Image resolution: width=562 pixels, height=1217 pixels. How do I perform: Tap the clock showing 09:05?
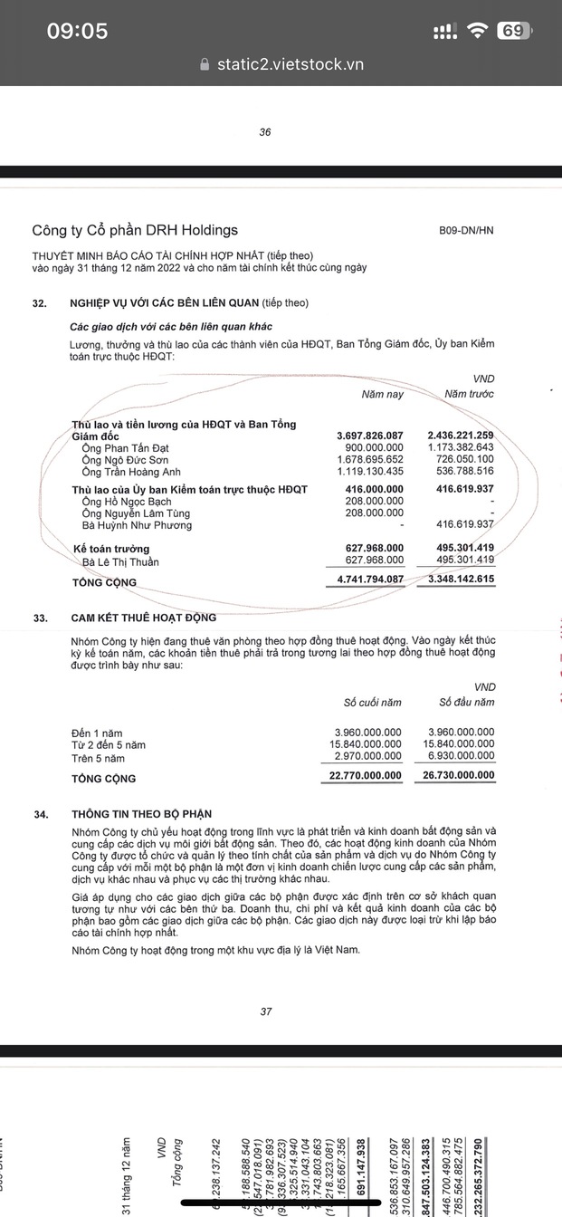(77, 31)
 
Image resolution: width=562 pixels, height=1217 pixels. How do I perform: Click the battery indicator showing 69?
(512, 31)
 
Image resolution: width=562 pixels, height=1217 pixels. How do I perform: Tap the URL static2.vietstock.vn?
(290, 64)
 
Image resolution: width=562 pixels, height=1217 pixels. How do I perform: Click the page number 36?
(265, 132)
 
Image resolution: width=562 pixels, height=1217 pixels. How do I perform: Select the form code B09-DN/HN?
(467, 231)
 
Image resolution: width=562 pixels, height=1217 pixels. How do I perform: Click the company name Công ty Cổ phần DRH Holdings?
(135, 231)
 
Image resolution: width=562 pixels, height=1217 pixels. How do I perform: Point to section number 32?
(39, 302)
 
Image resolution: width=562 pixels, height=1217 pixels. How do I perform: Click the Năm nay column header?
(382, 394)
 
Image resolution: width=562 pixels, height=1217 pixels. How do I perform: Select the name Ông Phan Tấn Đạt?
(125, 448)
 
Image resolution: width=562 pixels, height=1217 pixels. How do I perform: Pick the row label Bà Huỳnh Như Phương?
(137, 525)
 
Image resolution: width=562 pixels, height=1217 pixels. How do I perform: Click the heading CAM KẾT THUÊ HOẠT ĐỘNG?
(144, 618)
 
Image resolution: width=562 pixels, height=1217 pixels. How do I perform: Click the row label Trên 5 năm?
(98, 758)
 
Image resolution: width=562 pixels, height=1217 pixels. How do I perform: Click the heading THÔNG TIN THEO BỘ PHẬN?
(141, 814)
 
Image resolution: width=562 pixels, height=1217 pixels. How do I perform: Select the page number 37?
(265, 1011)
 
